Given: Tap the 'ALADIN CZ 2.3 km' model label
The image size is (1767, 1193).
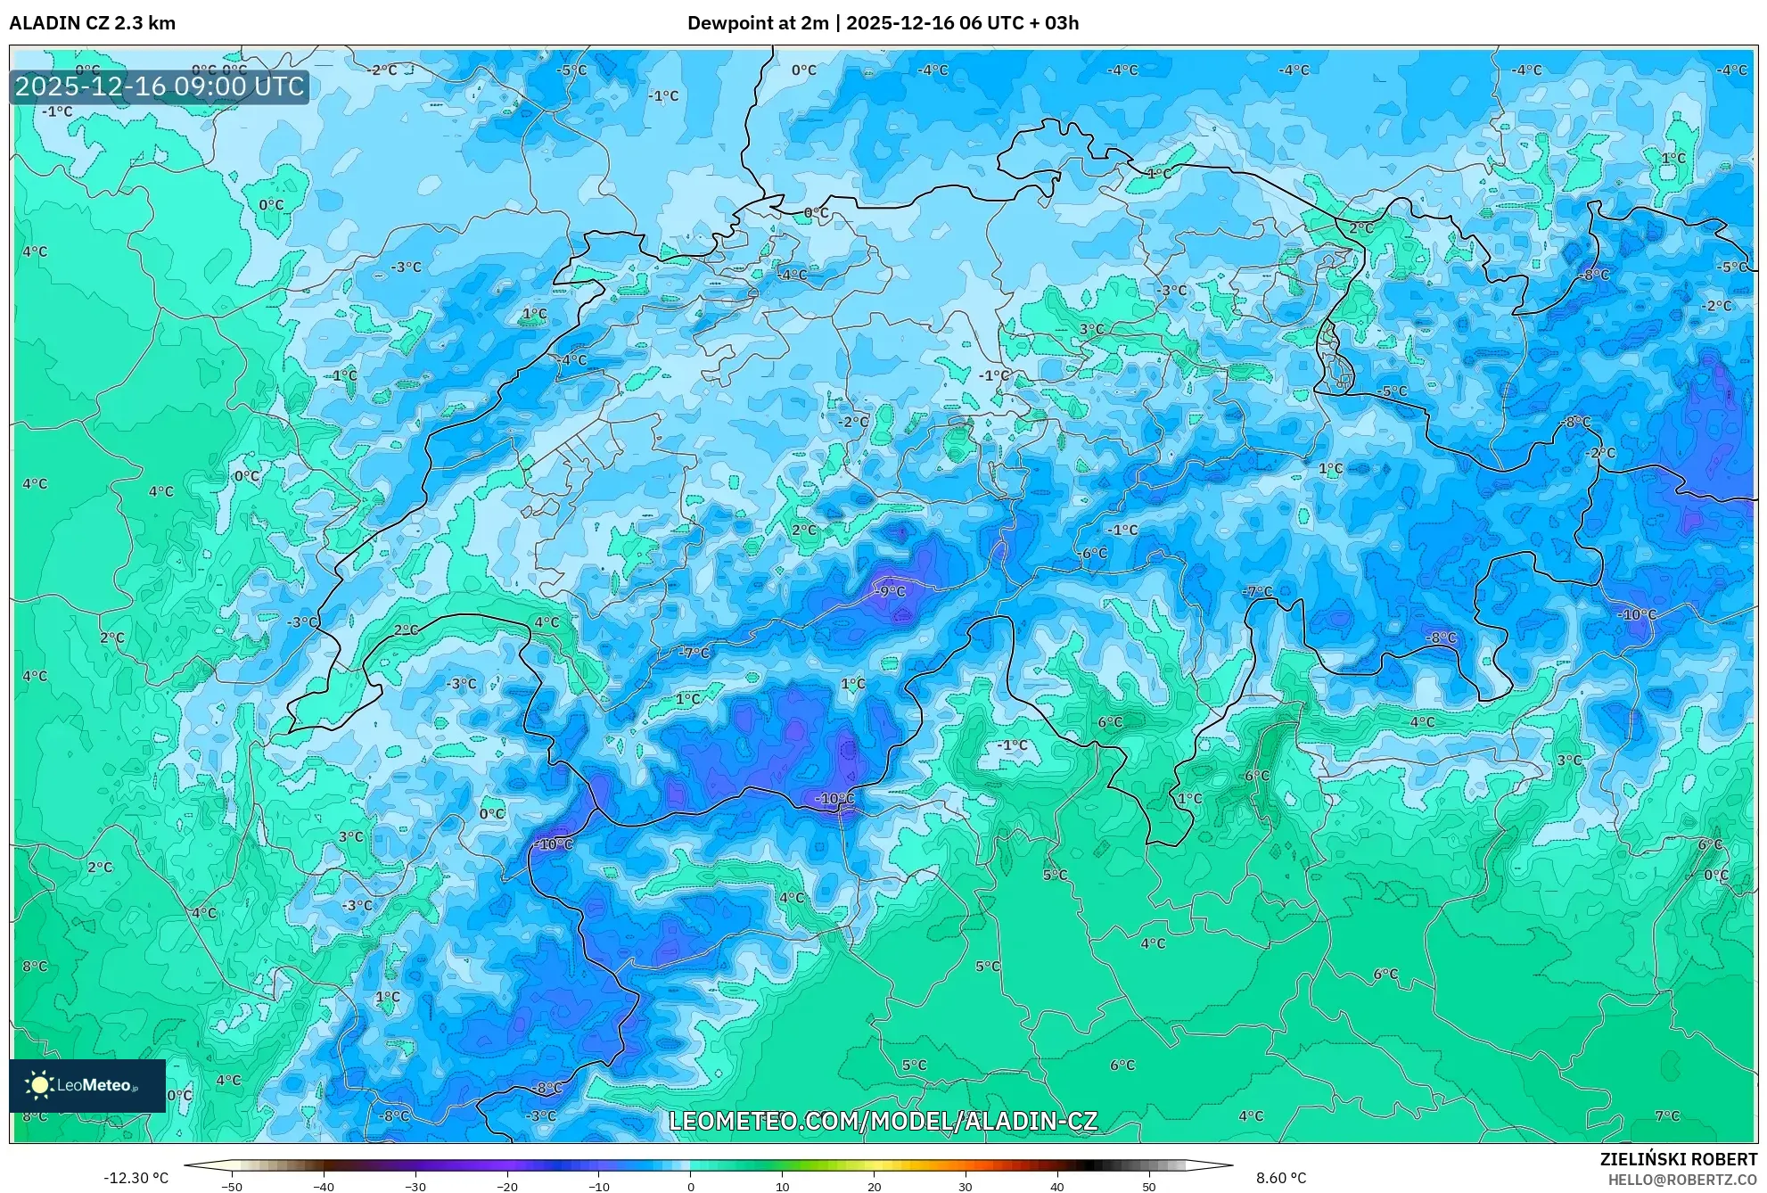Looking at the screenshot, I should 92,23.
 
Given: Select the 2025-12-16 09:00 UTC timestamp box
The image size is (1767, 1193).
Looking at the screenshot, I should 160,86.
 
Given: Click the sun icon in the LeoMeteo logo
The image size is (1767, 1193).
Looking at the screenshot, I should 39,1084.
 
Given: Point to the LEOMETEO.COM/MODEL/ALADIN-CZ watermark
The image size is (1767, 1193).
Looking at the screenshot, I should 883,1121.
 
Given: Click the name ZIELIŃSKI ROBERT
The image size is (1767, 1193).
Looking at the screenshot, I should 1679,1159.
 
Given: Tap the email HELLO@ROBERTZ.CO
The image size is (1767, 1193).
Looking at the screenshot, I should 1682,1179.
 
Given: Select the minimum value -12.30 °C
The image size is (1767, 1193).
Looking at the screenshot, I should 136,1178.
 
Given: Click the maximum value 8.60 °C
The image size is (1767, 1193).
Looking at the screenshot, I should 1281,1178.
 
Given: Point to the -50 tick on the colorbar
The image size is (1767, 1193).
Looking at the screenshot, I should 232,1187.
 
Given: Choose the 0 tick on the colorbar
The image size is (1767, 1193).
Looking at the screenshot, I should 691,1187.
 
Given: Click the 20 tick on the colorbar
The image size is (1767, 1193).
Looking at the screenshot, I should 874,1187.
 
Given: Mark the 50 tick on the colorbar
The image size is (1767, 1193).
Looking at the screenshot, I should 1149,1187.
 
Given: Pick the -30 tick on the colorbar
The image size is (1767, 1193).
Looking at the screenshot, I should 415,1187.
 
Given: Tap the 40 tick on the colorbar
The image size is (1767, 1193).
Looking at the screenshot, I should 1057,1187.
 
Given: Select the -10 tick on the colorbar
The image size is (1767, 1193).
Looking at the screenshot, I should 599,1187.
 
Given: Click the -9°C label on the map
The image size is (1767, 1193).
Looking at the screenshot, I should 888,591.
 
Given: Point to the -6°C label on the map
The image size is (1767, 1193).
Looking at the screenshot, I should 1092,553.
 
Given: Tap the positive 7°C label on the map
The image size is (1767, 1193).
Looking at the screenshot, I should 1667,1115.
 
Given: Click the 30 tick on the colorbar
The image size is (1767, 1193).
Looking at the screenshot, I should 966,1187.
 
